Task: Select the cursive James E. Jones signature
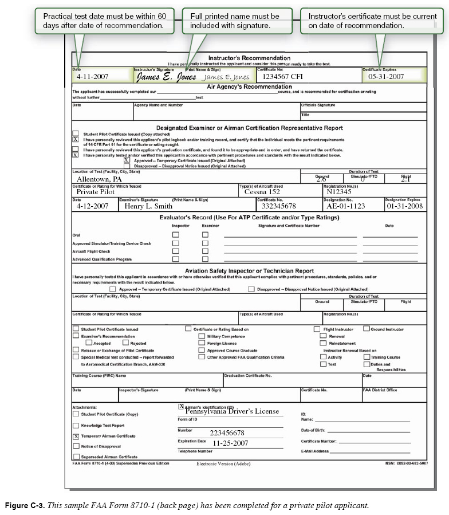pos(166,77)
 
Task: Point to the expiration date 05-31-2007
pos(386,76)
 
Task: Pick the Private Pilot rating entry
pos(96,192)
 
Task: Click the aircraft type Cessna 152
pos(262,192)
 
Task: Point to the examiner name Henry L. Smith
pos(148,206)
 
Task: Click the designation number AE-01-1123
pos(345,206)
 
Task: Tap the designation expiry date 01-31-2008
pos(404,206)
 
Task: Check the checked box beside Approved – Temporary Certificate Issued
pos(127,160)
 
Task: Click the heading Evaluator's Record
pos(249,218)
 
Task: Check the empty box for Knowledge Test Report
pos(76,426)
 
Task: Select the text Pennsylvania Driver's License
pos(232,411)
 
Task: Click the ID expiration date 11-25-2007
pos(230,443)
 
